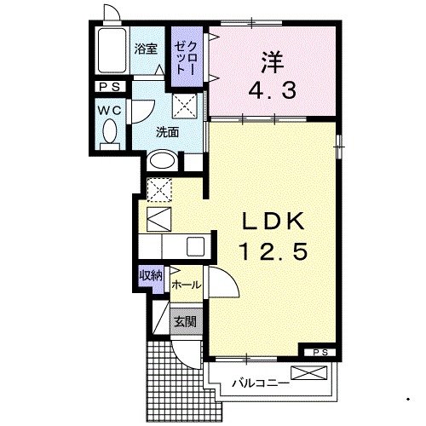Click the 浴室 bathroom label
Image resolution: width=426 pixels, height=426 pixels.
point(146,49)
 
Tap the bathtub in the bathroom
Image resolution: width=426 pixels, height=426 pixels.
point(112,50)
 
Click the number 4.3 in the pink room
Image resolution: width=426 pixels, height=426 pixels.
point(273,89)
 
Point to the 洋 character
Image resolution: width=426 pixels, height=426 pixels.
point(273,62)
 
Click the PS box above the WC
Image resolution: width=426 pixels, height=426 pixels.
point(110,87)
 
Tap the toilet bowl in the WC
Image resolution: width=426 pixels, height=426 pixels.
point(110,131)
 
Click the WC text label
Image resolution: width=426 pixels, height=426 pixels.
point(110,111)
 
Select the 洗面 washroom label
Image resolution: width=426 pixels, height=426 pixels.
point(168,132)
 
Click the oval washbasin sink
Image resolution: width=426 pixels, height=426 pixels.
point(162,161)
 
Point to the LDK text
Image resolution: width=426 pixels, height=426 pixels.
point(273,222)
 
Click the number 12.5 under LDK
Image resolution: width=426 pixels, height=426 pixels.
point(273,251)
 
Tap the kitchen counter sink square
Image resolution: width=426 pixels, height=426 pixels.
point(195,246)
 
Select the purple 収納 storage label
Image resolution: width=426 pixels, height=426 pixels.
point(151,275)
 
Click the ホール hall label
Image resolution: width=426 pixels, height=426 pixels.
point(187,285)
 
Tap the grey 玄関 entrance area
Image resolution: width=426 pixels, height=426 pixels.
point(186,321)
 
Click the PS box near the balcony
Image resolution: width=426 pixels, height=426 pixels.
point(320,353)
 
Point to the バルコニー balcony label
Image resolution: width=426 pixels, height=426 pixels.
point(261,384)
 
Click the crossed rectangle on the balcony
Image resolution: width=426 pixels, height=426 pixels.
point(309,373)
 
